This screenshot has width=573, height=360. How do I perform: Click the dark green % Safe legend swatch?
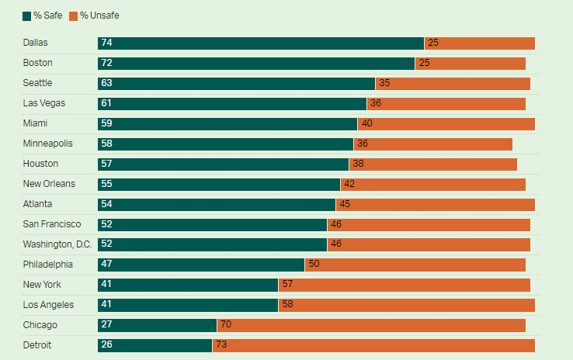point(27,16)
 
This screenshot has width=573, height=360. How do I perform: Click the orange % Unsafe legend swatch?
point(74,16)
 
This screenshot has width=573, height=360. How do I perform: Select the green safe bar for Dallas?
point(261,43)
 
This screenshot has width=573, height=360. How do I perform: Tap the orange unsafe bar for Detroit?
point(373,345)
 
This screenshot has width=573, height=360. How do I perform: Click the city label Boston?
point(38,63)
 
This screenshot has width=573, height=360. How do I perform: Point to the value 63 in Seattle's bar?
point(106,83)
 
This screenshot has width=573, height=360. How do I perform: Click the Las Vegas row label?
point(43,103)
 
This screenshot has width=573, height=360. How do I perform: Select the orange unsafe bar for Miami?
point(446,123)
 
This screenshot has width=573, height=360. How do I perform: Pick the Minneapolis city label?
point(48,144)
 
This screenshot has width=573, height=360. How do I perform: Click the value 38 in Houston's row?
point(357,164)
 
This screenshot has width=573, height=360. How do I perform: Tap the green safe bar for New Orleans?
point(219,184)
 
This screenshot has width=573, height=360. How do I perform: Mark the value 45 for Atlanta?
point(344,204)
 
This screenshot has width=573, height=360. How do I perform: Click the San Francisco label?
point(52,224)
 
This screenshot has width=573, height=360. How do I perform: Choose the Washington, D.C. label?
point(57,244)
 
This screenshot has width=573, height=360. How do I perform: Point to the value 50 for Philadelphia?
point(314,265)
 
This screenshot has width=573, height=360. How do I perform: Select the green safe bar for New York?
point(188,285)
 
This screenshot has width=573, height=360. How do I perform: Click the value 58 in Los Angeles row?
point(287,305)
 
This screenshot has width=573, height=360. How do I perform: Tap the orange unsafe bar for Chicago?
point(371,325)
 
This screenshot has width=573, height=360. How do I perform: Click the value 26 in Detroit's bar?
point(106,345)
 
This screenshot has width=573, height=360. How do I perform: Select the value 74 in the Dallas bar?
point(106,43)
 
